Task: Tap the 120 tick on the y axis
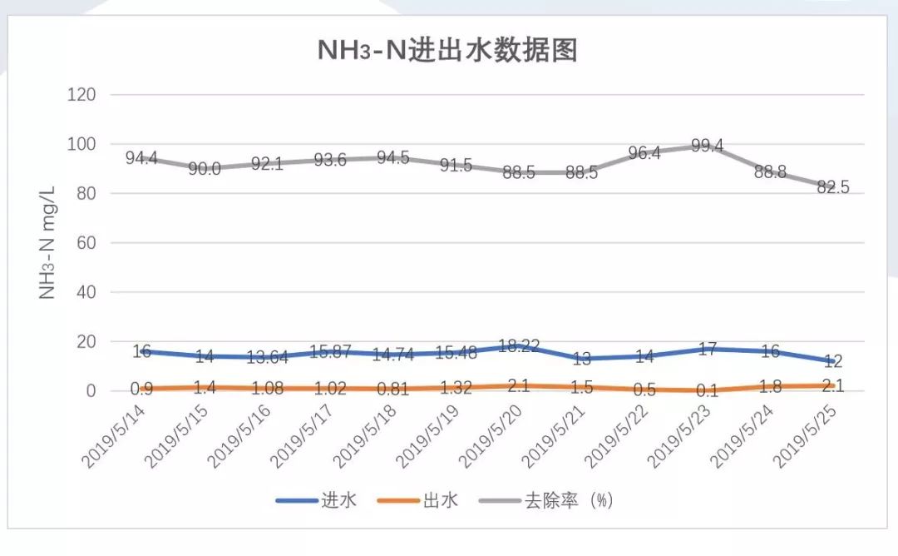[81, 95]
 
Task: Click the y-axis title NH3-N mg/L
[47, 242]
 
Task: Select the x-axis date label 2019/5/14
[113, 434]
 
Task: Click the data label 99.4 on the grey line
[707, 146]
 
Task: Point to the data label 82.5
[832, 187]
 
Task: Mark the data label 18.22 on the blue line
[519, 345]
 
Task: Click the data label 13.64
[269, 358]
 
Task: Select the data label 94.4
[142, 157]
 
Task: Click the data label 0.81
[393, 389]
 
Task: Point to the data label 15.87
[331, 352]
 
